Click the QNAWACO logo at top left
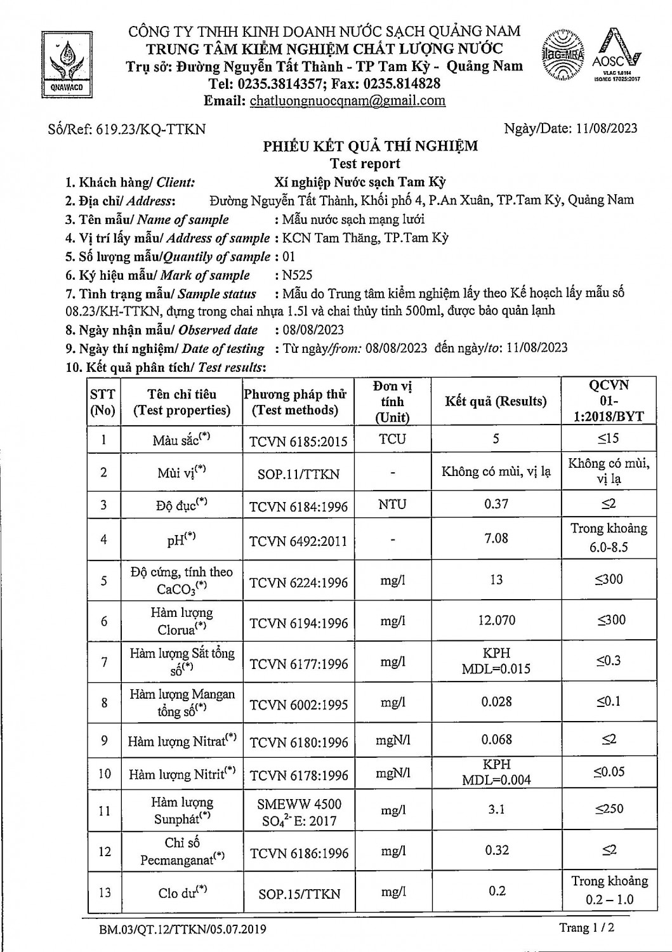click(x=62, y=62)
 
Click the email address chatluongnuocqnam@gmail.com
click(x=347, y=100)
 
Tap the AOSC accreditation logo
click(x=616, y=56)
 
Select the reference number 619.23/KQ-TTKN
click(x=150, y=129)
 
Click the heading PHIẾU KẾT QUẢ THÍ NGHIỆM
click(x=371, y=147)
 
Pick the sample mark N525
click(x=298, y=275)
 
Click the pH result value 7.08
click(x=496, y=538)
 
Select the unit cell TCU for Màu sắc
click(x=392, y=439)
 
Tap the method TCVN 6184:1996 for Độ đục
click(x=298, y=506)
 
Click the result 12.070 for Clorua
click(x=496, y=620)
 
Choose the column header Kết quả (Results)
click(x=496, y=401)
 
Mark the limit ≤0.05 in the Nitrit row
click(x=609, y=772)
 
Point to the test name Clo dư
click(x=183, y=892)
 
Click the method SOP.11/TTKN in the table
click(x=298, y=473)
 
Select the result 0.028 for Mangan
click(x=496, y=701)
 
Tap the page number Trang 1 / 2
click(x=586, y=928)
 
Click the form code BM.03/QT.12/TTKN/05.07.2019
click(x=183, y=930)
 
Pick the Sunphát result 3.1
click(x=496, y=809)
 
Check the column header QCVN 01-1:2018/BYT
click(x=609, y=400)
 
